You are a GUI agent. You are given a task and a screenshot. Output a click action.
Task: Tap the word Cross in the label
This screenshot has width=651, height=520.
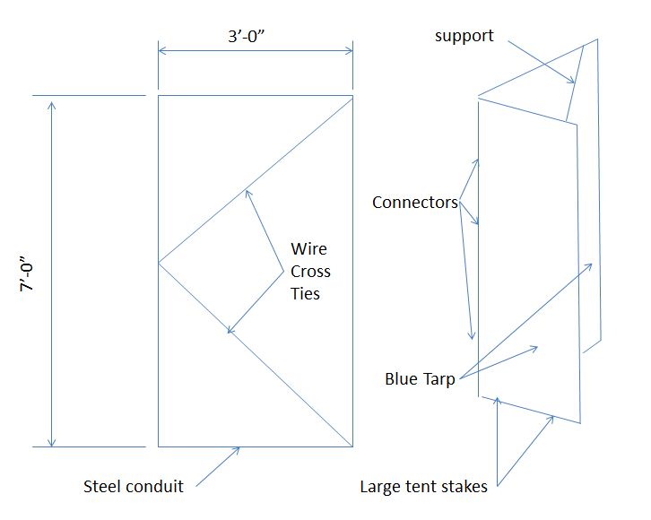310,271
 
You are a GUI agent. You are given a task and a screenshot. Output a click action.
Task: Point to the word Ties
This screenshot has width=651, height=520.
305,292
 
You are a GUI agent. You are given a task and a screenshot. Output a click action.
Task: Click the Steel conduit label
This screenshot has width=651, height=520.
134,487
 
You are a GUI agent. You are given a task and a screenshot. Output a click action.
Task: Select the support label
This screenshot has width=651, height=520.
464,36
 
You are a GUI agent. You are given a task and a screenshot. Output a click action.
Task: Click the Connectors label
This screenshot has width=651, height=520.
414,203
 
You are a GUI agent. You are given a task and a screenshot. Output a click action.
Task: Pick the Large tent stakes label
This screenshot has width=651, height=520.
423,487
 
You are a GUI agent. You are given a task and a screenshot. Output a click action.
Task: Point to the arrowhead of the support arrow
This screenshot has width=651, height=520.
571,82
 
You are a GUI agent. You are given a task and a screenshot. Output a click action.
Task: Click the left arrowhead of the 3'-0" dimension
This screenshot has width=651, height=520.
161,52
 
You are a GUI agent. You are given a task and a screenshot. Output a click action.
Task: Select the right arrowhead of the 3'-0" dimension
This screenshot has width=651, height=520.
349,52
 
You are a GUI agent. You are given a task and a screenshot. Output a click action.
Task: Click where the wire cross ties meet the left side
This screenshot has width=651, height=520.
159,263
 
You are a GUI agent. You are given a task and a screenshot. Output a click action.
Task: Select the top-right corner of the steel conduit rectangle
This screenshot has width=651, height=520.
352,95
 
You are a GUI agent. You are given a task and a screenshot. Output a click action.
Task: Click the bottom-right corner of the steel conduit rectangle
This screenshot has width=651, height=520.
352,446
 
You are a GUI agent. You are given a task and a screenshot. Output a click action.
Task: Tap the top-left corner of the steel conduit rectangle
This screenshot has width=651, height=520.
159,95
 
